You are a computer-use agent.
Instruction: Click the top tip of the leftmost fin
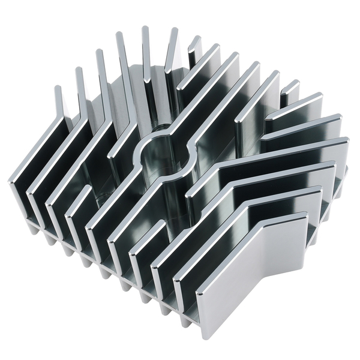pyautogui.click(x=58, y=89)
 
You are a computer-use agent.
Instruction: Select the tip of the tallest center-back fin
pyautogui.click(x=145, y=29)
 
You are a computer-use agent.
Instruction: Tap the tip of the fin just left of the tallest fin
pyautogui.click(x=119, y=35)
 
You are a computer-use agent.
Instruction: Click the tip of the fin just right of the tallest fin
pyautogui.click(x=174, y=30)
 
